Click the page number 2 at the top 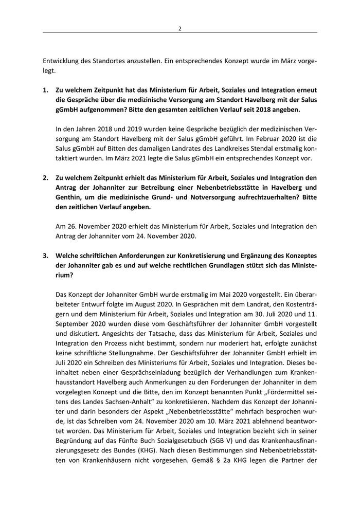point(180,28)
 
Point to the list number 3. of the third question point(45,256)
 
